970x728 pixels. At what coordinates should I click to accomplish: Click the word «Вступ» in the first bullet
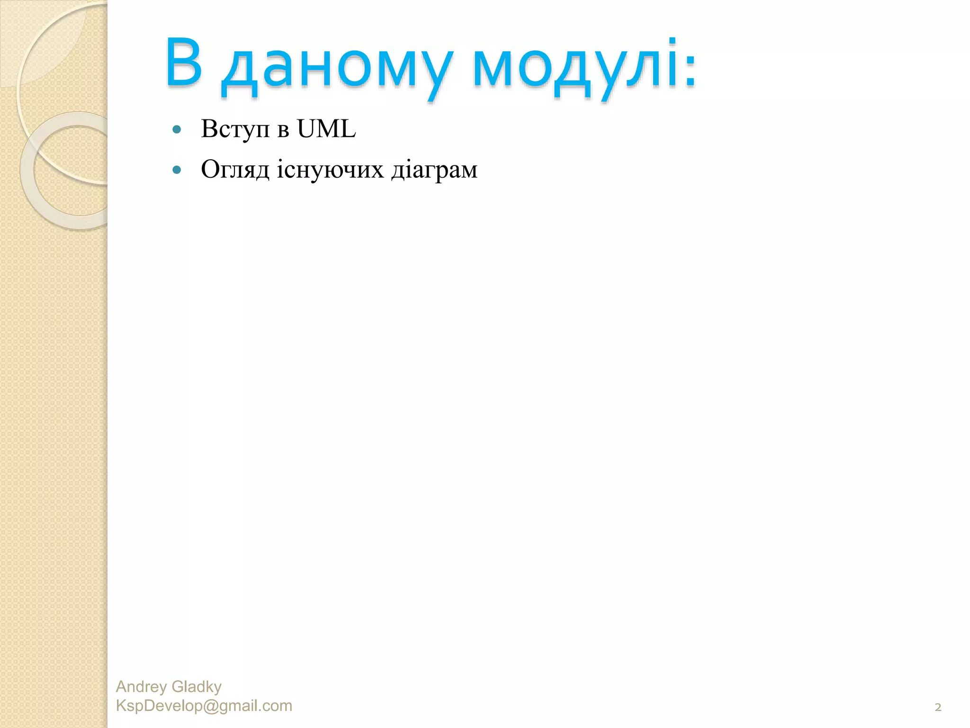[235, 129]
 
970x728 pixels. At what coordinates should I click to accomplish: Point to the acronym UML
[326, 128]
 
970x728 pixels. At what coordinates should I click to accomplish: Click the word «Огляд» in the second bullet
[235, 169]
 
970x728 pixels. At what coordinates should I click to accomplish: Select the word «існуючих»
[330, 169]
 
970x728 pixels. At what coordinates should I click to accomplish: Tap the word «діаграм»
[434, 170]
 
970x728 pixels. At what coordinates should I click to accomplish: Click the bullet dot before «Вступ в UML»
[177, 129]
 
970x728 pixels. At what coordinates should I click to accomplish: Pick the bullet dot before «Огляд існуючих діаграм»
[177, 170]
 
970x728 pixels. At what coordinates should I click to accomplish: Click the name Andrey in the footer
[141, 686]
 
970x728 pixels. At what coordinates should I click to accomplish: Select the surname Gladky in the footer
[197, 686]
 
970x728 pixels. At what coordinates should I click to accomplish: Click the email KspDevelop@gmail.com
[204, 706]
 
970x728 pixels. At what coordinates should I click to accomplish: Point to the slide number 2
[938, 708]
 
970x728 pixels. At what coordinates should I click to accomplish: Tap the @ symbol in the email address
[210, 706]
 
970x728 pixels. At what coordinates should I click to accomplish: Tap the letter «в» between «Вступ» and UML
[283, 130]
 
